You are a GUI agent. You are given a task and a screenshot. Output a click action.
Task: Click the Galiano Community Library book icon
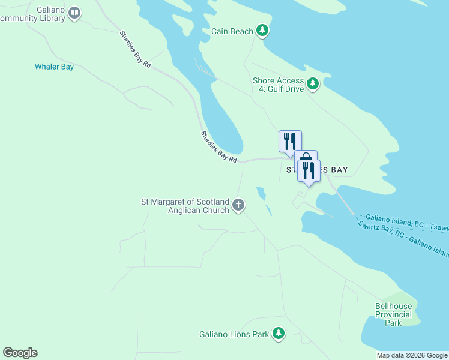(74, 13)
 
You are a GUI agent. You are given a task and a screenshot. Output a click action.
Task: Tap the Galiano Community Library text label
(32, 13)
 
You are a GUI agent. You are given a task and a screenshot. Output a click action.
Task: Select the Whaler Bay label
(54, 67)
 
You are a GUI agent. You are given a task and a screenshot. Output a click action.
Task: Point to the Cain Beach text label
(232, 31)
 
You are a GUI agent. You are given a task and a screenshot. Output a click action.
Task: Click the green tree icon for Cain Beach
(262, 31)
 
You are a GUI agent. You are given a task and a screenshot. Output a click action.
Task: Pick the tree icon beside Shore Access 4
(312, 84)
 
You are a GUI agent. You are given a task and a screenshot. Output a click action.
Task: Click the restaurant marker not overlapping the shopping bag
(290, 141)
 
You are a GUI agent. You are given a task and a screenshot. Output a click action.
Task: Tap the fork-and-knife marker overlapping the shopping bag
(309, 170)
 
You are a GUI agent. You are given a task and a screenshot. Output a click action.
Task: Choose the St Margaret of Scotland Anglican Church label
(185, 206)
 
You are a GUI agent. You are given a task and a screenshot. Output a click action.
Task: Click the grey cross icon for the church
(238, 206)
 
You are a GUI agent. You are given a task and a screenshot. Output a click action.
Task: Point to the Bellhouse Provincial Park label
(393, 314)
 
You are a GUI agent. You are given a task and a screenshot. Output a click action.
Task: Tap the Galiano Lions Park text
(234, 334)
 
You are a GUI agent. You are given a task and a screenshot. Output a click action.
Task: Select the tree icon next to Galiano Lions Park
(278, 333)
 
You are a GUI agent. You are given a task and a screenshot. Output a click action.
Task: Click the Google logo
(20, 353)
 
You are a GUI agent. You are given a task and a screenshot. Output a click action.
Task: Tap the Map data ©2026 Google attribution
(411, 355)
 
